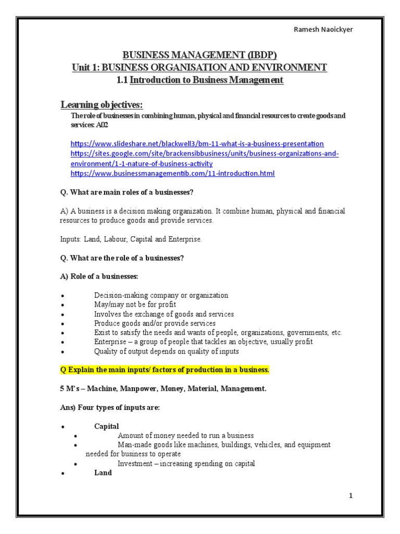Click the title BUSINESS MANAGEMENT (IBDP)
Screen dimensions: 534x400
click(199, 55)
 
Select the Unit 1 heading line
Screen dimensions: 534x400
click(199, 67)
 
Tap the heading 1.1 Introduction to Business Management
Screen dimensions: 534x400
click(199, 80)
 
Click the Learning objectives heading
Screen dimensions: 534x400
click(102, 105)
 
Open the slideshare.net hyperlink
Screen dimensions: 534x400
click(197, 143)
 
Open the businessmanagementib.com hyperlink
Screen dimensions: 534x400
click(172, 173)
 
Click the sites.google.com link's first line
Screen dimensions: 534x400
click(205, 154)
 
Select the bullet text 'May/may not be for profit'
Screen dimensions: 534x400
click(135, 305)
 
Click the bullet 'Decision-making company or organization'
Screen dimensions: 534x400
click(161, 295)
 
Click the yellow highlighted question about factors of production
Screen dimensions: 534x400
click(165, 370)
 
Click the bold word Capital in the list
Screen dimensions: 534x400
click(106, 426)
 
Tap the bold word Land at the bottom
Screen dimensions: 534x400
click(103, 473)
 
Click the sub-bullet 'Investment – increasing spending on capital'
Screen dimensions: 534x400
click(186, 464)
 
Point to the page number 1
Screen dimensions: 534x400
click(351, 496)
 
